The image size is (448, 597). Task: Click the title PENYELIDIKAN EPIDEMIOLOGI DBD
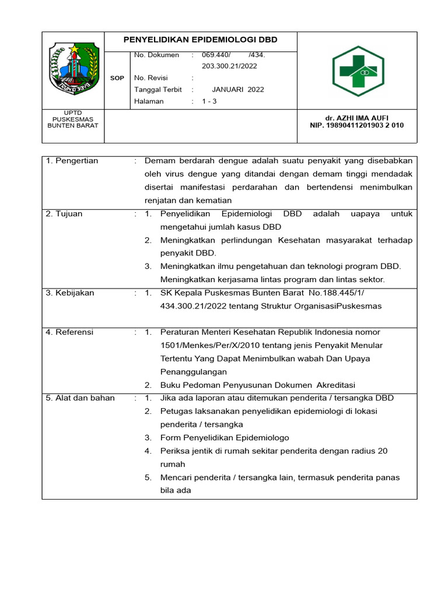[x=201, y=40]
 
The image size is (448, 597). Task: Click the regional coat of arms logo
[x=73, y=69]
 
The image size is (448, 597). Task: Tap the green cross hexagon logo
[x=358, y=71]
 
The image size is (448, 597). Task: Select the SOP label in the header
[x=117, y=78]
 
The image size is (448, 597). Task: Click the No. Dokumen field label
[x=156, y=55]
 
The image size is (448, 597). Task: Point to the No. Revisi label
[x=150, y=78]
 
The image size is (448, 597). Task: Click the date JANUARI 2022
[x=237, y=90]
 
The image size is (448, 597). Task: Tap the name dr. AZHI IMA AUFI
[x=357, y=118]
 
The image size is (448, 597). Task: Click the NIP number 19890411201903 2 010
[x=357, y=125]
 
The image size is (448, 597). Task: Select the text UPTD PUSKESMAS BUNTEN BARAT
[x=73, y=119]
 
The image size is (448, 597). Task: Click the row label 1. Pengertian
[x=72, y=161]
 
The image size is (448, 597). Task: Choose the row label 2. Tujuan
[x=64, y=214]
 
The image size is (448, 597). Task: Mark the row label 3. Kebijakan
[x=70, y=293]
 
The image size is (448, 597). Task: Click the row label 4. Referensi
[x=70, y=332]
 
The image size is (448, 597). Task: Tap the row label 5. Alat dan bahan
[x=80, y=398]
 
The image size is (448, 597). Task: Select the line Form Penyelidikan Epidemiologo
[x=225, y=438]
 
